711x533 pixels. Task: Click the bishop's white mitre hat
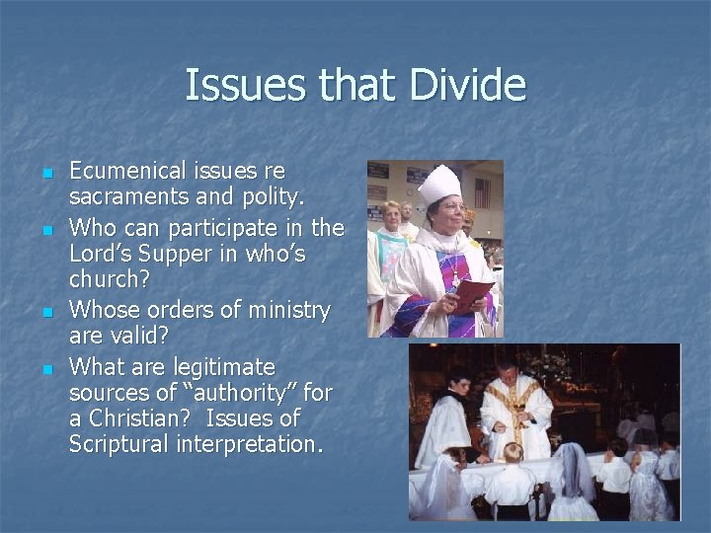point(438,185)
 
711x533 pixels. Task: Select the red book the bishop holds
point(473,292)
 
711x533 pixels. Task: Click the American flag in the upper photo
point(482,192)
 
